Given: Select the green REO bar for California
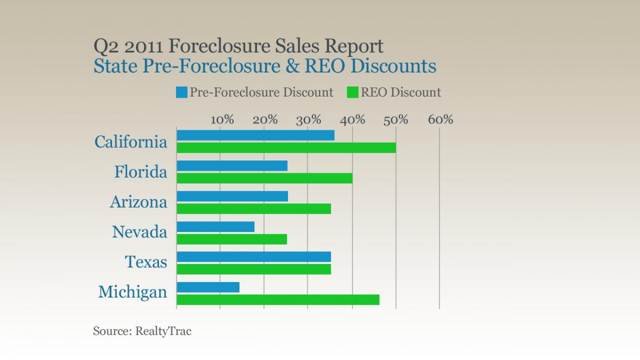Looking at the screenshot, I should (x=286, y=148).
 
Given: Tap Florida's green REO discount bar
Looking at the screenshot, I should (x=264, y=178).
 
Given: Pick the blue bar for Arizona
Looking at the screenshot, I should (x=232, y=196).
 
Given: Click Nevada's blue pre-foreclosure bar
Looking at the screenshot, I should (x=215, y=227).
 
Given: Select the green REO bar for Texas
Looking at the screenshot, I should (x=253, y=269).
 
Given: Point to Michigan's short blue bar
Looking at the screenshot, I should (x=208, y=287).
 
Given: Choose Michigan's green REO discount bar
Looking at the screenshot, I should (x=278, y=300).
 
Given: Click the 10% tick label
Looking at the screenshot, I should (x=222, y=119).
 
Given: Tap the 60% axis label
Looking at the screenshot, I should (x=440, y=119).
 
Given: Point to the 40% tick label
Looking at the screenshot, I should (x=353, y=119).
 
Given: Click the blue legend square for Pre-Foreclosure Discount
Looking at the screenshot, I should (x=181, y=92).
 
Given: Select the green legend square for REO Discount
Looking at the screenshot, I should (x=353, y=92).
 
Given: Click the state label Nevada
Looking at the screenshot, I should (x=139, y=232).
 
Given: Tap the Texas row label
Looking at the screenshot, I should (x=146, y=262).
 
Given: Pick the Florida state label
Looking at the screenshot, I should (x=141, y=172).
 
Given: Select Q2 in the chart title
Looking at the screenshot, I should (x=105, y=46).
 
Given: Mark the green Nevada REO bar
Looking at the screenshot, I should (x=231, y=239).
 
